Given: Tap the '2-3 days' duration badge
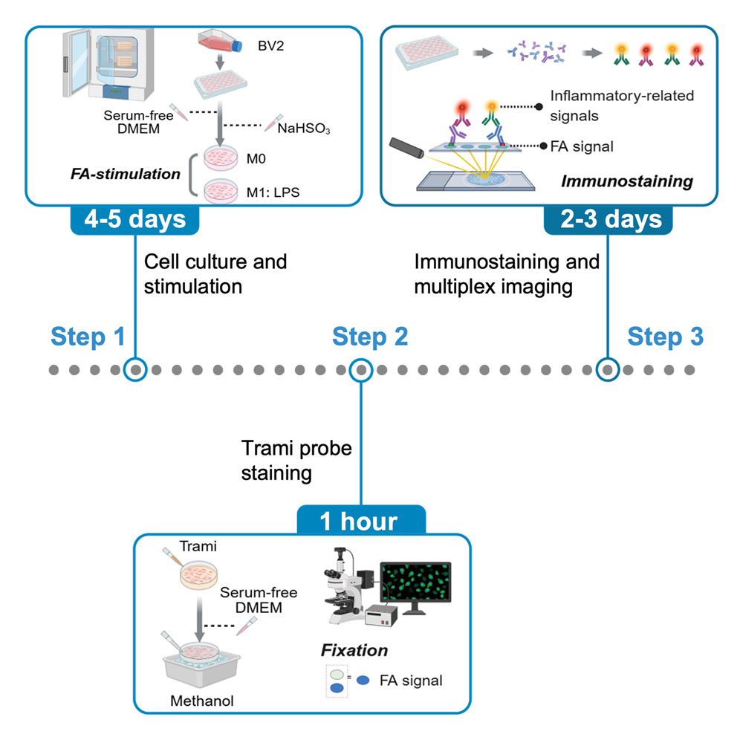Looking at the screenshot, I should (x=608, y=219).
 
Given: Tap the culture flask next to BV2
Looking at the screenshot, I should (x=221, y=44).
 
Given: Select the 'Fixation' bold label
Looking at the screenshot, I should (x=354, y=650).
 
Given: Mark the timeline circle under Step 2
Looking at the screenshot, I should (x=360, y=369).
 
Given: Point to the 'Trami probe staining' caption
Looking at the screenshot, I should (x=296, y=460).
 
